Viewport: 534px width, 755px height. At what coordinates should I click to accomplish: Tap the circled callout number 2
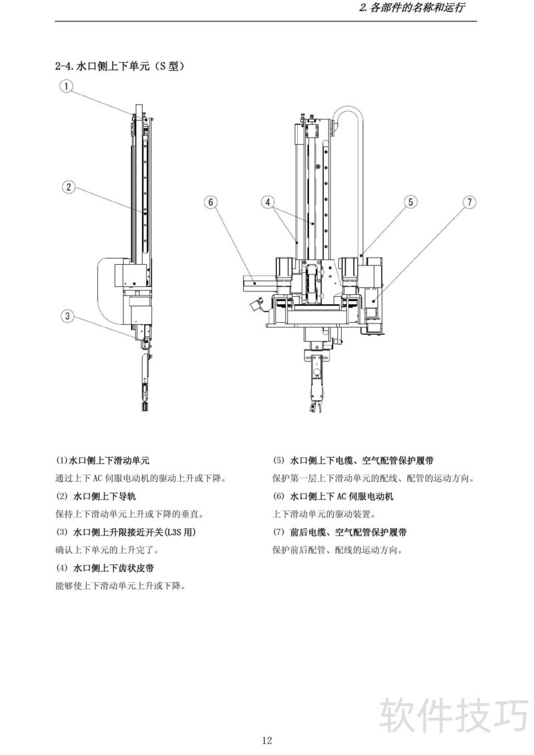click(x=68, y=187)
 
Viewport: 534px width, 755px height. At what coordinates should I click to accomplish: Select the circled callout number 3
click(x=67, y=316)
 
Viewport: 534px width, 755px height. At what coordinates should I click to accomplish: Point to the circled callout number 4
click(x=267, y=201)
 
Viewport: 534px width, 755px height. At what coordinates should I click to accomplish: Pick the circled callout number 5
click(x=411, y=201)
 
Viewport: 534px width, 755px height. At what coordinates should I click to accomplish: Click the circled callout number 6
click(x=210, y=201)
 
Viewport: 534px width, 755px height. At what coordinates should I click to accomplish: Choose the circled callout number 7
click(x=469, y=201)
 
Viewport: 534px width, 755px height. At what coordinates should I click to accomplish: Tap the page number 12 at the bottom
click(x=266, y=740)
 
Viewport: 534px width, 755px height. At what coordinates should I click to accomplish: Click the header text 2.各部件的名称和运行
click(x=412, y=9)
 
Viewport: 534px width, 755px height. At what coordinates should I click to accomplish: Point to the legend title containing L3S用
click(x=125, y=532)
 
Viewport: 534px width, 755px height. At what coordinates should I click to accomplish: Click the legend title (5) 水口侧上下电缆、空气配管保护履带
click(x=354, y=460)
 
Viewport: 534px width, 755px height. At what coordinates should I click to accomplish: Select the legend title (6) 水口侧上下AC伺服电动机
click(x=333, y=496)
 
